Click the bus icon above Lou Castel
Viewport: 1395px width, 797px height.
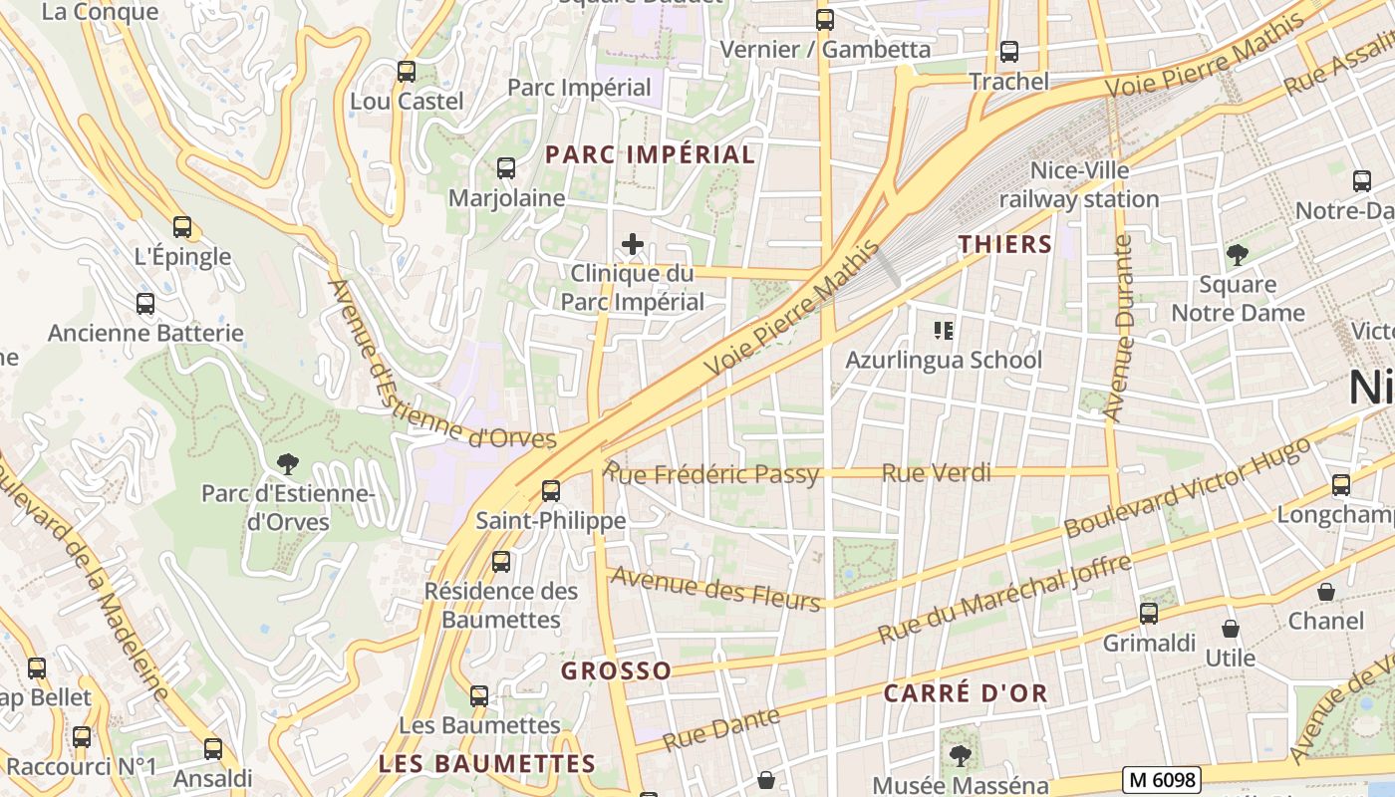pos(406,72)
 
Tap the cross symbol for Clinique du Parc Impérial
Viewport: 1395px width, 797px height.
pos(632,244)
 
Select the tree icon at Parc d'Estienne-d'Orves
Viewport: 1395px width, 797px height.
pos(288,463)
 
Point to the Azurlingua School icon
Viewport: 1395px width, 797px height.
pos(943,330)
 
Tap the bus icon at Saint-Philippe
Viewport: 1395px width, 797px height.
pos(550,490)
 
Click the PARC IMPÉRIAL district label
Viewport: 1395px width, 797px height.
pos(650,154)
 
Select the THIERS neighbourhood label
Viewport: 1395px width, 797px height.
pos(1005,244)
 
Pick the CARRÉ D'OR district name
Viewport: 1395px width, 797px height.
pos(965,693)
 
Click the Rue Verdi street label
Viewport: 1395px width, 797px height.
pos(937,473)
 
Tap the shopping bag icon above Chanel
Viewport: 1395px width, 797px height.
pos(1325,592)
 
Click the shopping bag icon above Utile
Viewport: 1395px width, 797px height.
pos(1231,629)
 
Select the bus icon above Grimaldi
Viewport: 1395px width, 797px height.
pos(1148,613)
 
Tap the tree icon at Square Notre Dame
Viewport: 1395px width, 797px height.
pos(1237,255)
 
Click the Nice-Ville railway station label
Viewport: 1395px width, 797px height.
pos(1079,185)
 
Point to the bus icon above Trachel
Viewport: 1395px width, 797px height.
pos(1009,52)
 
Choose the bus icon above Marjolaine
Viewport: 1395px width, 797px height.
pos(505,168)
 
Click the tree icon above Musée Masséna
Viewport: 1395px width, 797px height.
pos(960,756)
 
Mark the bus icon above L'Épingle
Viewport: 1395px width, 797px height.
pos(181,227)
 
